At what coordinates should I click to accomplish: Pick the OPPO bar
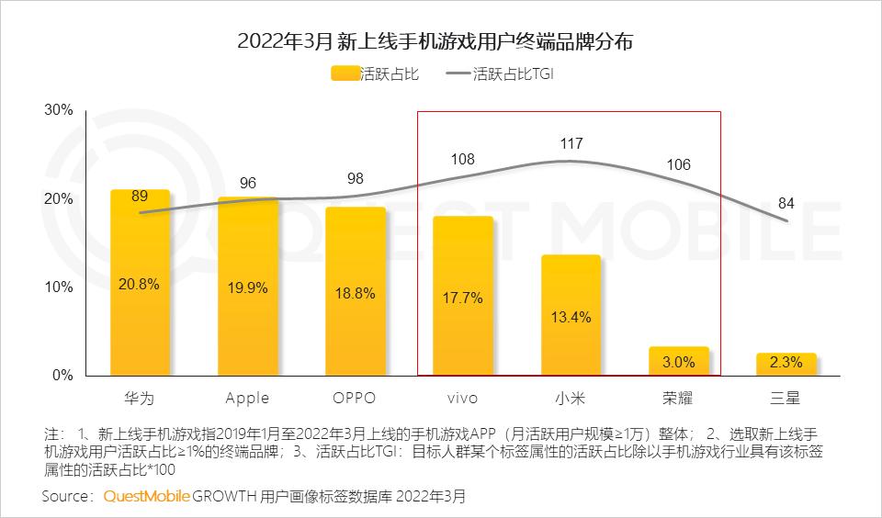pyautogui.click(x=355, y=291)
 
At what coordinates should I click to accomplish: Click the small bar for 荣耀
pyautogui.click(x=678, y=361)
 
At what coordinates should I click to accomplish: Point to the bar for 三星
pyautogui.click(x=786, y=364)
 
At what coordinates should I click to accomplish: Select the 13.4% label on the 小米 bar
pyautogui.click(x=570, y=317)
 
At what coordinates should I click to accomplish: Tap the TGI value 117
pyautogui.click(x=571, y=144)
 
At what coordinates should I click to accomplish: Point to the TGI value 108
pyautogui.click(x=462, y=159)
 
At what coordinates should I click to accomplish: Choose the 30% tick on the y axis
pyautogui.click(x=59, y=110)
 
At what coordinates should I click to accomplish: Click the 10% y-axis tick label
pyautogui.click(x=59, y=287)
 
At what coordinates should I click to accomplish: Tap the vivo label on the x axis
pyautogui.click(x=462, y=398)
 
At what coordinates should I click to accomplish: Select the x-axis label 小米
pyautogui.click(x=570, y=398)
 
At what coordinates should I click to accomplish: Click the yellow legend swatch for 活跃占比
pyautogui.click(x=346, y=74)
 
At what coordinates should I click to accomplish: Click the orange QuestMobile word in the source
pyautogui.click(x=147, y=497)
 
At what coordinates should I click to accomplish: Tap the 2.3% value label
pyautogui.click(x=786, y=363)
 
